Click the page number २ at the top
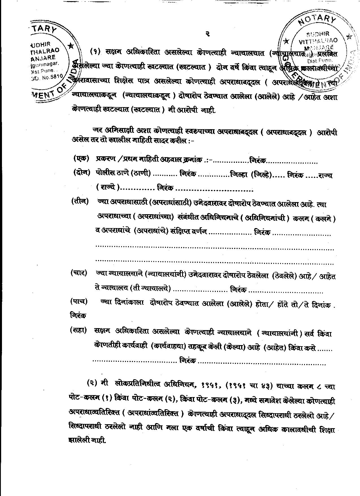click(x=207, y=34)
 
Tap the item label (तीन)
click(x=80, y=202)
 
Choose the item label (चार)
click(x=79, y=273)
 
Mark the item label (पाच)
click(x=79, y=302)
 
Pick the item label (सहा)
click(x=78, y=330)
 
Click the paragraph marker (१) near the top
click(x=95, y=52)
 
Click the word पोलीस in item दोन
click(x=105, y=173)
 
